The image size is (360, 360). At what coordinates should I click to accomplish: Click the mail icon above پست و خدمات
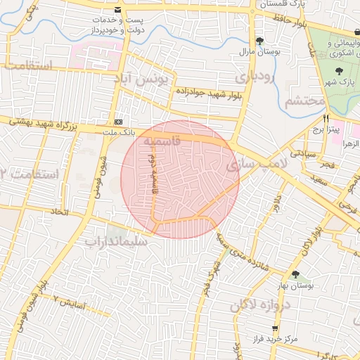click(x=117, y=10)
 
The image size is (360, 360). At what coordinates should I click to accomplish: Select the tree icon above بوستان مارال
click(x=260, y=41)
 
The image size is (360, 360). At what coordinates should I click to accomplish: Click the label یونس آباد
click(x=145, y=79)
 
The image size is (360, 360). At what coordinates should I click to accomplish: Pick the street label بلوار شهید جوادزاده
click(x=209, y=94)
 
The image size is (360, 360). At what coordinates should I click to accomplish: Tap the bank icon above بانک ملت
click(x=117, y=121)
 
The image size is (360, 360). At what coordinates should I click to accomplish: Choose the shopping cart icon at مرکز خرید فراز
click(x=275, y=328)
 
